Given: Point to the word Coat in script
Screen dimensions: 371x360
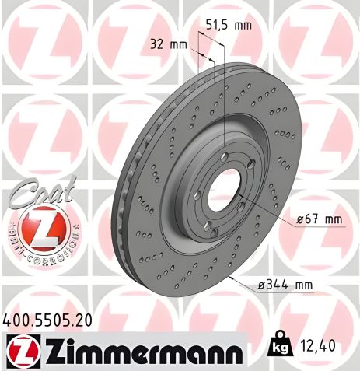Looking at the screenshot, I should [43, 190].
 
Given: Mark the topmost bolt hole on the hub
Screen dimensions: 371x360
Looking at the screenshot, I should [224, 159].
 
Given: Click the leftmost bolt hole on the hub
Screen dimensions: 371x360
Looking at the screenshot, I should [197, 194].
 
